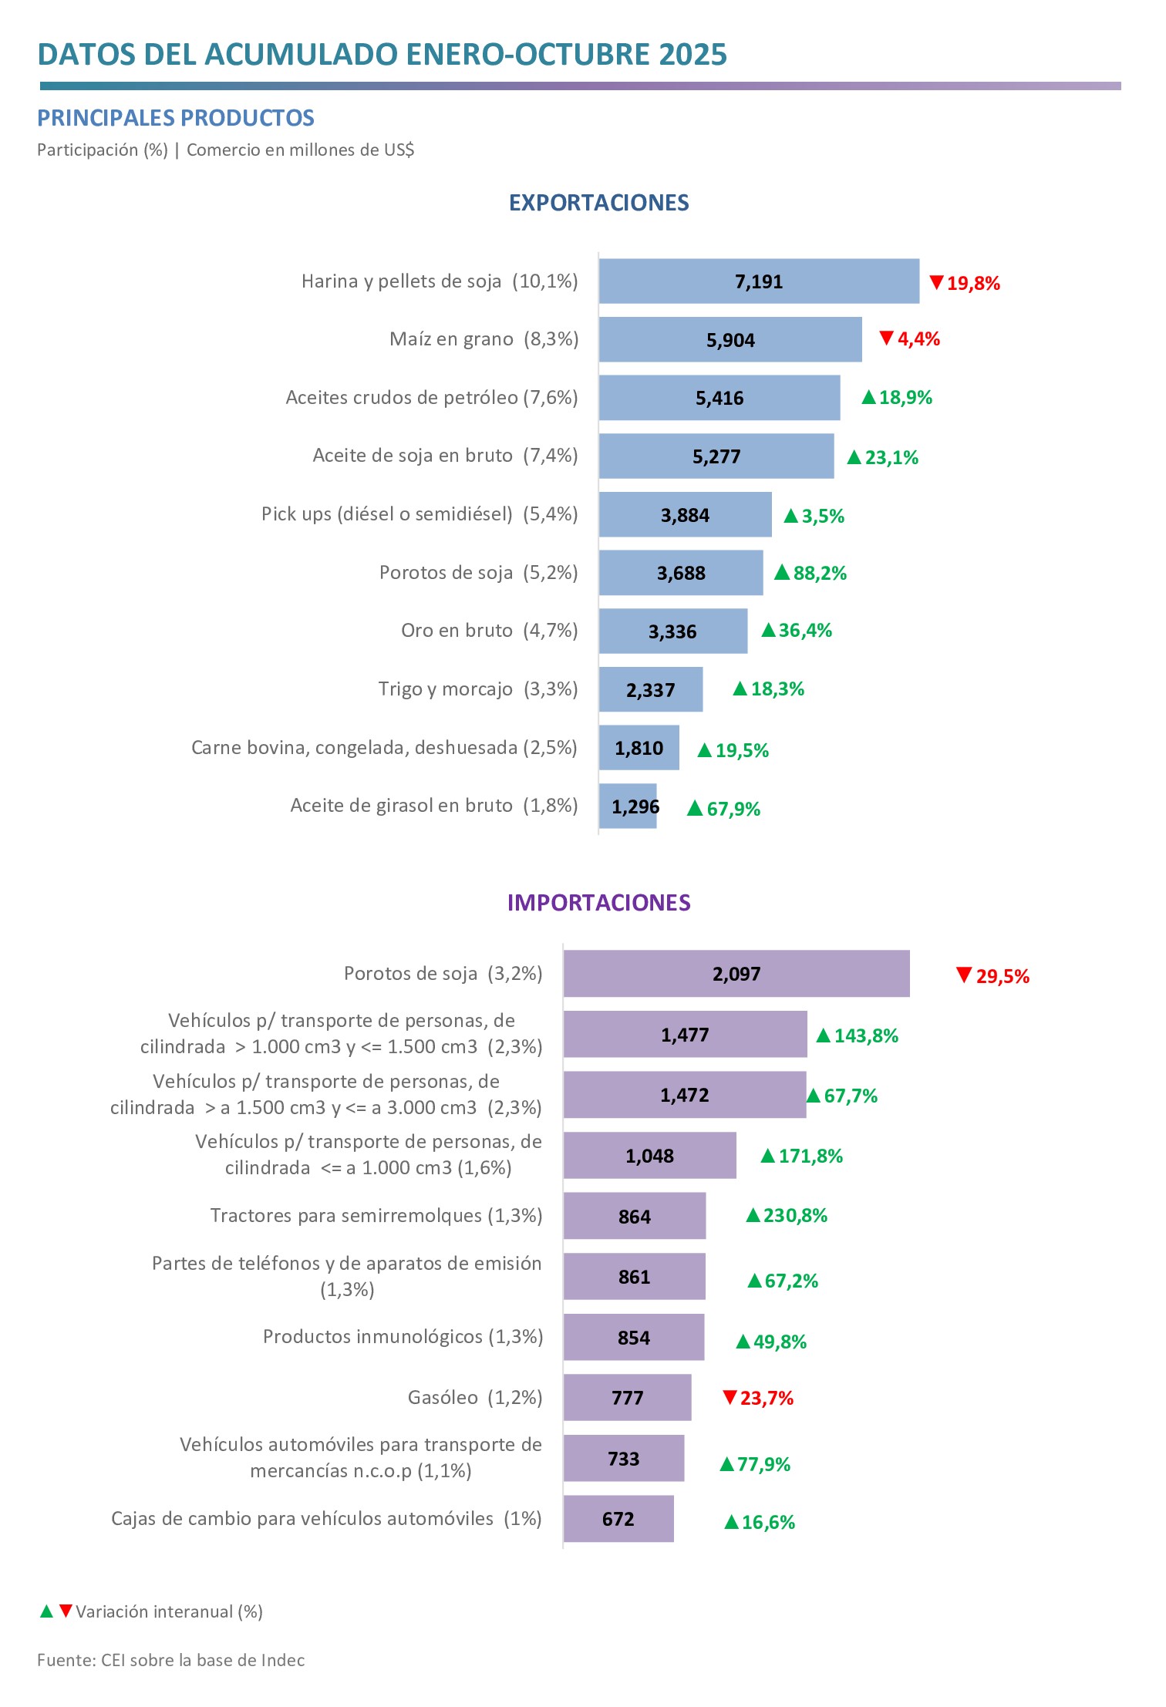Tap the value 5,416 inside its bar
point(719,399)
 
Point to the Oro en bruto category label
point(489,631)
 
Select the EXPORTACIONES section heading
point(598,203)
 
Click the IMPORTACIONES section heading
point(598,903)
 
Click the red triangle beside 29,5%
point(963,975)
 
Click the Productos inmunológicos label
point(403,1337)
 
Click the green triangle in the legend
point(46,1611)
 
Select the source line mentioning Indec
point(170,1660)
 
